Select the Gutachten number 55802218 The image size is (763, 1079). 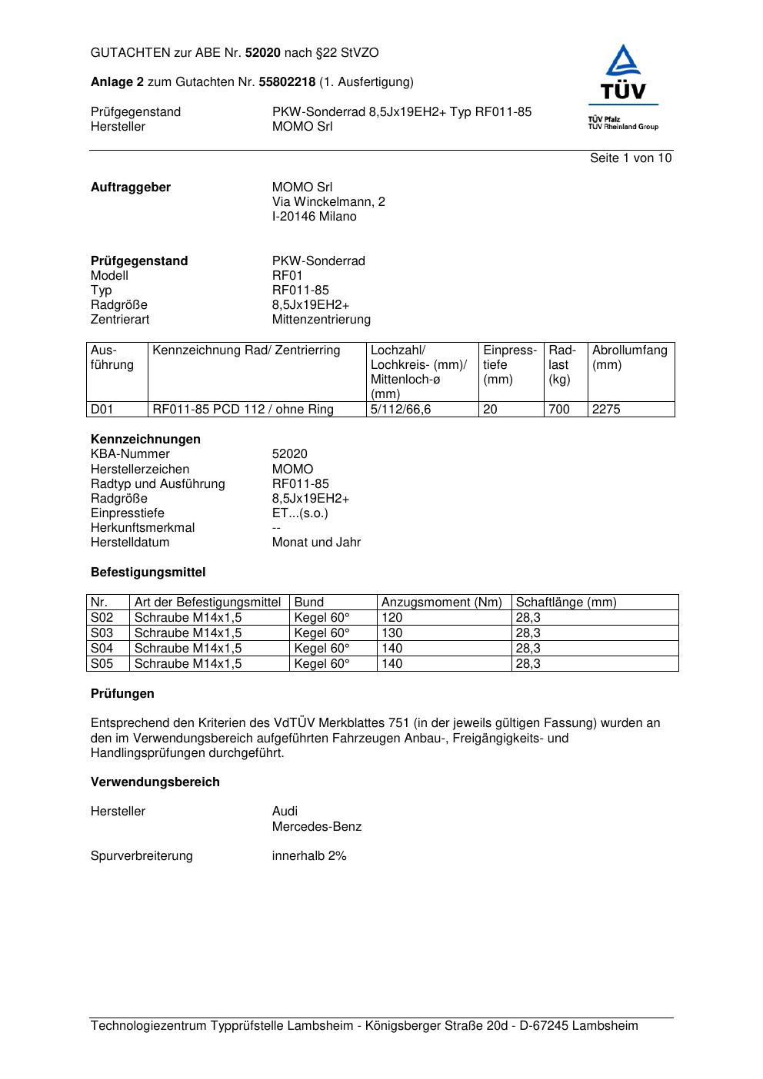[x=287, y=81]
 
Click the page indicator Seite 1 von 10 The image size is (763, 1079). [x=630, y=158]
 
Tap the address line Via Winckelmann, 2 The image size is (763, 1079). [x=328, y=202]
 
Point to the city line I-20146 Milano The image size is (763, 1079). [x=314, y=217]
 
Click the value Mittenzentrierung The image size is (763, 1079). [x=321, y=320]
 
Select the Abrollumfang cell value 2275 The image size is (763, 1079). [x=606, y=410]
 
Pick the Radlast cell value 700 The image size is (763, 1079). [x=558, y=410]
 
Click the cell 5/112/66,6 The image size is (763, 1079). [x=401, y=410]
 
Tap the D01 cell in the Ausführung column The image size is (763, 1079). [x=102, y=410]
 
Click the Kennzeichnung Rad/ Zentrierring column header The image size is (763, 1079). [x=246, y=350]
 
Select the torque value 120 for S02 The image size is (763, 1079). [x=392, y=618]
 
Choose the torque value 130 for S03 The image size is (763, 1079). [x=392, y=633]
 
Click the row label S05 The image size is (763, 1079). [x=102, y=664]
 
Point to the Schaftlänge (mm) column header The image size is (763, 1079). [x=566, y=603]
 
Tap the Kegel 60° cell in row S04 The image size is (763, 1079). [x=322, y=649]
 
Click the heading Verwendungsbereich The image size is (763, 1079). [x=155, y=782]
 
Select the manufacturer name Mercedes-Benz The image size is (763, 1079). [x=317, y=827]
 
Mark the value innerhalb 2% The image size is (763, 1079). [x=309, y=856]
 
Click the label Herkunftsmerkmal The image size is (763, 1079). [x=142, y=528]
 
